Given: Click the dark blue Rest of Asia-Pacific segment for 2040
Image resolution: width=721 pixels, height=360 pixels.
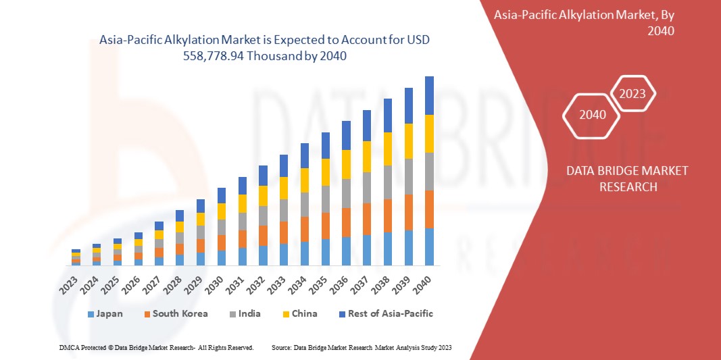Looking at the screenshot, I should click(x=429, y=95).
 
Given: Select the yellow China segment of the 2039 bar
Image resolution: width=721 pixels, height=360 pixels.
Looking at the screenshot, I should click(x=408, y=141).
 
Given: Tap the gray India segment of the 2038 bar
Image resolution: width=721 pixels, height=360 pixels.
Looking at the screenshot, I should click(x=388, y=182).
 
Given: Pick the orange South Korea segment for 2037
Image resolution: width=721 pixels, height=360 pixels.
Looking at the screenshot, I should click(x=367, y=219).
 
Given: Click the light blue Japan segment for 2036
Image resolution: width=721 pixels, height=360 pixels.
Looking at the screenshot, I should click(x=346, y=251).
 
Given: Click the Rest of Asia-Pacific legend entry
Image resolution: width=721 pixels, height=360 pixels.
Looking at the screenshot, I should click(x=386, y=313).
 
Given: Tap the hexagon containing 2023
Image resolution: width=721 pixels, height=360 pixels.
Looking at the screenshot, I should click(x=632, y=94).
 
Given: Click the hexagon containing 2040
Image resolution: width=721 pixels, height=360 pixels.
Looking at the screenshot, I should click(x=593, y=115).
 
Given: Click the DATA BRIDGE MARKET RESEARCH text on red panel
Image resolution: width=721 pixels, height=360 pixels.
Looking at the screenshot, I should click(x=628, y=178).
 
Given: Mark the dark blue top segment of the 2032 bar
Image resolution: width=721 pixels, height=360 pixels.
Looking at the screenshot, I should click(x=263, y=176).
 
